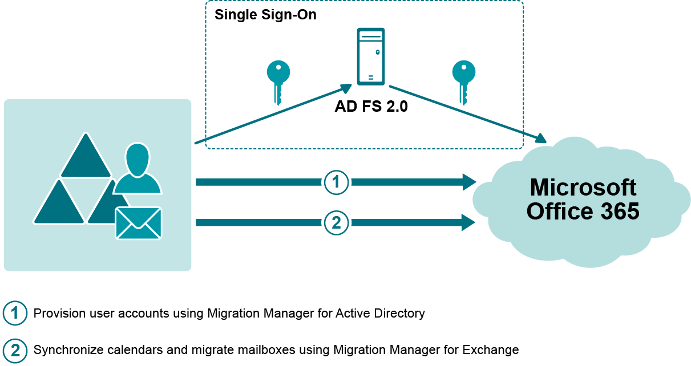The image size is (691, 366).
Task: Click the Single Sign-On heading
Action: tap(265, 15)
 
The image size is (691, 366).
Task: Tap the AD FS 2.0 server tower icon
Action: tap(370, 56)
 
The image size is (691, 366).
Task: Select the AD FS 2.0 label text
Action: tap(371, 107)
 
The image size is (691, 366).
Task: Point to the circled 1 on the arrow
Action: tap(336, 182)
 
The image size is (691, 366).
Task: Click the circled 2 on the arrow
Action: tap(336, 222)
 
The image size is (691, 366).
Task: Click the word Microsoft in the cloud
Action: tap(583, 188)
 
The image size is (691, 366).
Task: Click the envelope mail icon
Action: tap(138, 222)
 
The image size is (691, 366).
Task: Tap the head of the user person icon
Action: tap(138, 158)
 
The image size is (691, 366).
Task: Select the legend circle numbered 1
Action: tap(15, 313)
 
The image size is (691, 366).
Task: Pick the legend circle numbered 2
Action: tap(15, 349)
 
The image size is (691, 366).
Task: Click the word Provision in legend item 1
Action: tap(59, 313)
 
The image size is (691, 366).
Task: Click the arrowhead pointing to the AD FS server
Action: tap(345, 87)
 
